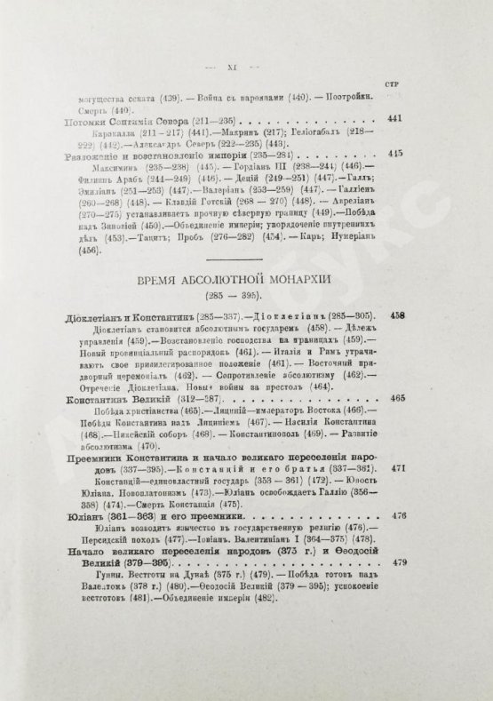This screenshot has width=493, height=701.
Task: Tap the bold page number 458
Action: tap(397, 316)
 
